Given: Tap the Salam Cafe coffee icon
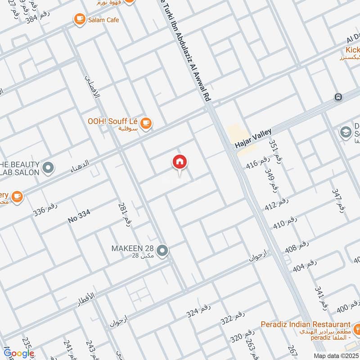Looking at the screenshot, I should pos(80,18).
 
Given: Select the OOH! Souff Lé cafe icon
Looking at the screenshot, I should pos(145,122).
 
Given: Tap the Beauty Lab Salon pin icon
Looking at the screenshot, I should pos(47,168).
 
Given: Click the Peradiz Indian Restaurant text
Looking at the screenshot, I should pos(306,324).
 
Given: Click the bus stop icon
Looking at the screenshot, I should pos(338,97).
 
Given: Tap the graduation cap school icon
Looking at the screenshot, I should pos(346,132).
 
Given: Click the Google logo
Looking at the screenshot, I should pos(19,353).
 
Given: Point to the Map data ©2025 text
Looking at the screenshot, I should pos(336,355).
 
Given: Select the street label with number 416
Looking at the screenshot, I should pos(258,165).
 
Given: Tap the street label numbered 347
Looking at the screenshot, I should pos(340,201).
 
